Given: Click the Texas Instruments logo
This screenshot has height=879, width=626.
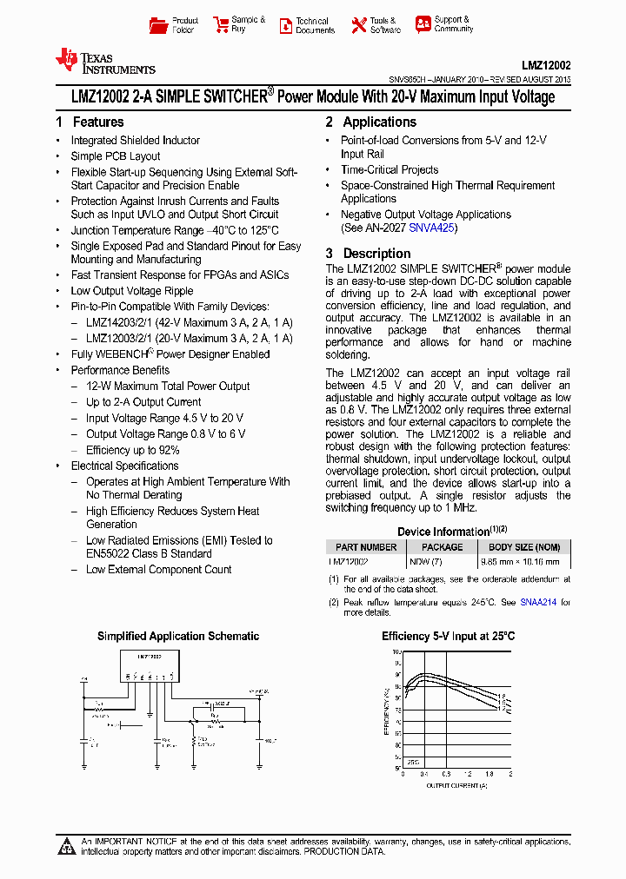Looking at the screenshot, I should pos(104,61).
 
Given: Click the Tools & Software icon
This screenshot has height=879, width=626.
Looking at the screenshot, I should pos(359,25).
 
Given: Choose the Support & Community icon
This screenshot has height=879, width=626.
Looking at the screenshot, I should pos(423,24).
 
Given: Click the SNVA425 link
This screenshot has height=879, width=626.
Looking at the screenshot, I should pos(433,228).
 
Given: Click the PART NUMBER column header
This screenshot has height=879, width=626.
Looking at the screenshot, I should pos(366,547).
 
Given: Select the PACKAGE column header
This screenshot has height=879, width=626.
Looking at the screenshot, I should pos(442,547).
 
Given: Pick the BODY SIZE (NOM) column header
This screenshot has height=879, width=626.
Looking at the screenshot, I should pos(524,547).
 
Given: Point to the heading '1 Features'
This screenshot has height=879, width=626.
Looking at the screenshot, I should pos(90,122).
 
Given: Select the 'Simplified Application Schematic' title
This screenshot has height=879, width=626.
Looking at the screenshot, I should pos(177,637).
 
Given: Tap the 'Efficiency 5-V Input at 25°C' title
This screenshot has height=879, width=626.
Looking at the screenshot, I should pos(448,637).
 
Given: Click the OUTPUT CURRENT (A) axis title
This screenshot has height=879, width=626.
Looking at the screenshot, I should pos(456,785).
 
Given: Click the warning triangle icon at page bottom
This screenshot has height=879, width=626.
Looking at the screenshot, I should pos(67,847).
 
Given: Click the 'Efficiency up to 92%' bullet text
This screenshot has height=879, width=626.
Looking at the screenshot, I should pos(132,450).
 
